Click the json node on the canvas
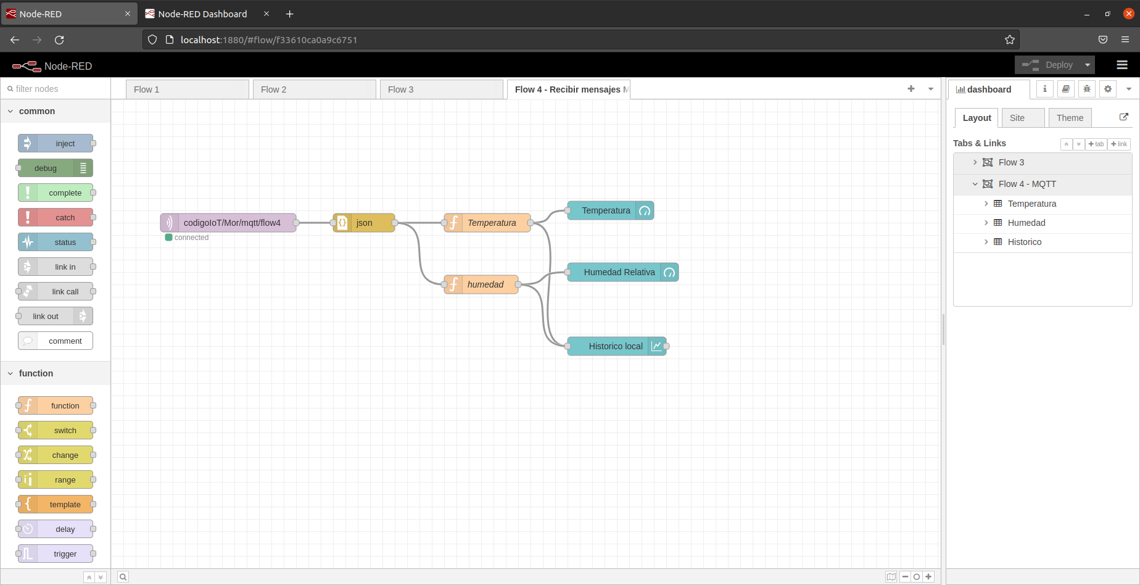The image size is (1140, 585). (x=364, y=223)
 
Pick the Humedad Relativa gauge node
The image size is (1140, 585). (x=619, y=272)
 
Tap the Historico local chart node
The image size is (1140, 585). (x=615, y=346)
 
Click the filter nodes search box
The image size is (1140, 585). (x=59, y=89)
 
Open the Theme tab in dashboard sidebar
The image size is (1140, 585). (x=1069, y=118)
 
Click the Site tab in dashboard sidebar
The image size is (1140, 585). (x=1017, y=118)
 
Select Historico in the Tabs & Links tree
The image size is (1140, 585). (x=1024, y=242)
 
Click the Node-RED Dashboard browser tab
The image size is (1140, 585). (x=202, y=14)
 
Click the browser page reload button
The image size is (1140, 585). (x=59, y=40)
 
